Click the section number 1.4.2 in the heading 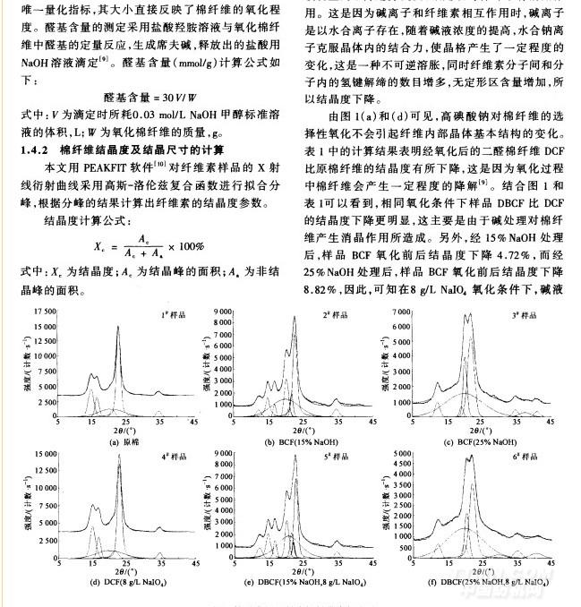pyautogui.click(x=38, y=149)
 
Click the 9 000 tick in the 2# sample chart pyautogui.click(x=226, y=310)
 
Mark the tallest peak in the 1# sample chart pyautogui.click(x=118, y=328)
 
